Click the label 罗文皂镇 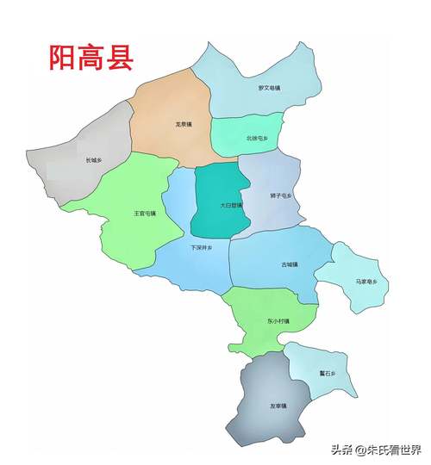click(x=269, y=88)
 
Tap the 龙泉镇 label click(x=183, y=124)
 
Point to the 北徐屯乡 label click(x=257, y=138)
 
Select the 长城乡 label click(x=93, y=160)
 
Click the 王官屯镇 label click(x=144, y=213)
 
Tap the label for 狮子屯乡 click(x=281, y=196)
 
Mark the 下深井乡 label click(x=201, y=248)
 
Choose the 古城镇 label click(x=290, y=264)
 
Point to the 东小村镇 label click(x=278, y=321)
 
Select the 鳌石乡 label click(x=327, y=374)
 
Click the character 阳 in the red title click(x=62, y=59)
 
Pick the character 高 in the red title click(x=92, y=59)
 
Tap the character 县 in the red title click(x=121, y=59)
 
